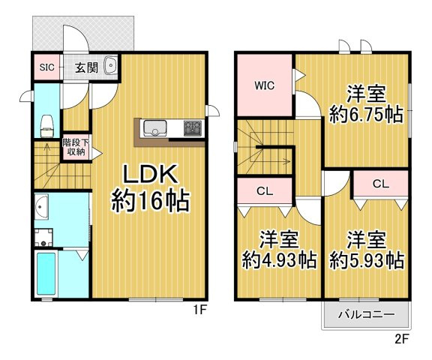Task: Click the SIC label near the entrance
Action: (x=46, y=67)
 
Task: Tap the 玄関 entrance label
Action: (x=85, y=67)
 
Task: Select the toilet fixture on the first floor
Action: (x=47, y=123)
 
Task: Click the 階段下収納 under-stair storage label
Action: (x=73, y=146)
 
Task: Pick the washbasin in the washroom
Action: (x=42, y=205)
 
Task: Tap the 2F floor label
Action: (x=403, y=338)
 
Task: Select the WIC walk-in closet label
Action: (x=264, y=85)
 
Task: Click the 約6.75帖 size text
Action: (x=366, y=115)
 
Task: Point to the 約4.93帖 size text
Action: (x=279, y=260)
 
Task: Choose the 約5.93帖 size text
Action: (x=367, y=260)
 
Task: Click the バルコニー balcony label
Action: (x=365, y=313)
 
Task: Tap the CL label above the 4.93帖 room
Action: (x=264, y=191)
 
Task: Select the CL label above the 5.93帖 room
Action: (x=380, y=183)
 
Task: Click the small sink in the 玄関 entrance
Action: (x=111, y=67)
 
